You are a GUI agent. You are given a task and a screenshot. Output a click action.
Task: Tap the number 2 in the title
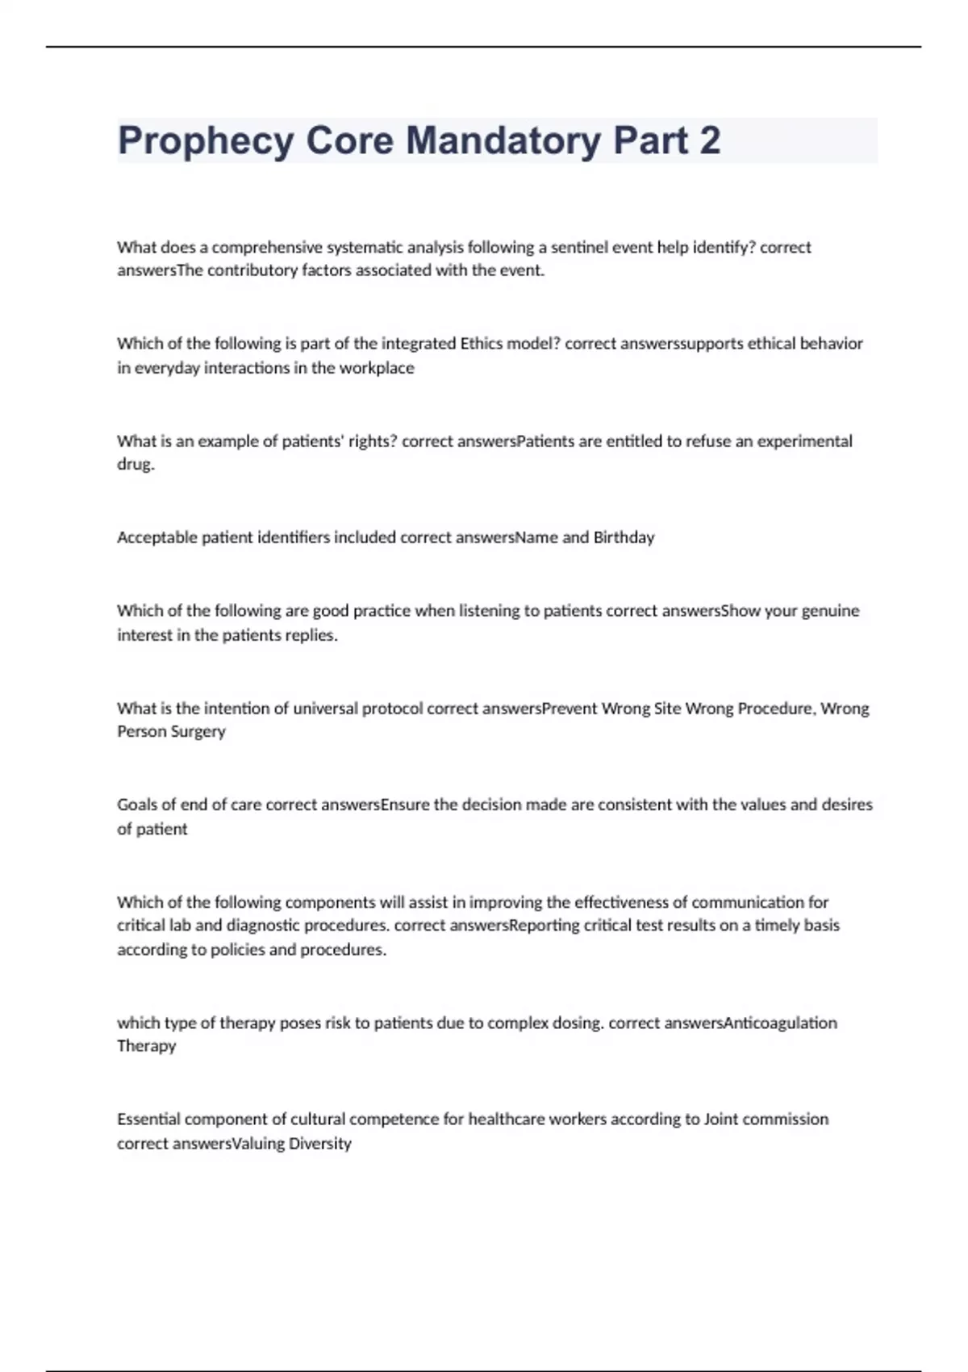coord(710,140)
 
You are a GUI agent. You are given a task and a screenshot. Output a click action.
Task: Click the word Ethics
coord(481,344)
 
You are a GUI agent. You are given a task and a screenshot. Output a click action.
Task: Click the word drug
coord(135,465)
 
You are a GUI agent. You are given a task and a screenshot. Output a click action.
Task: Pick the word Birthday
coord(624,538)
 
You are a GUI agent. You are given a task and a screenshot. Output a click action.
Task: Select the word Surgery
coord(198,731)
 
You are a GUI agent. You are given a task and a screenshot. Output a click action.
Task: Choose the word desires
coord(847,805)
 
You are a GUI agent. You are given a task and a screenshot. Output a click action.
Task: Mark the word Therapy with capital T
coord(146,1046)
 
